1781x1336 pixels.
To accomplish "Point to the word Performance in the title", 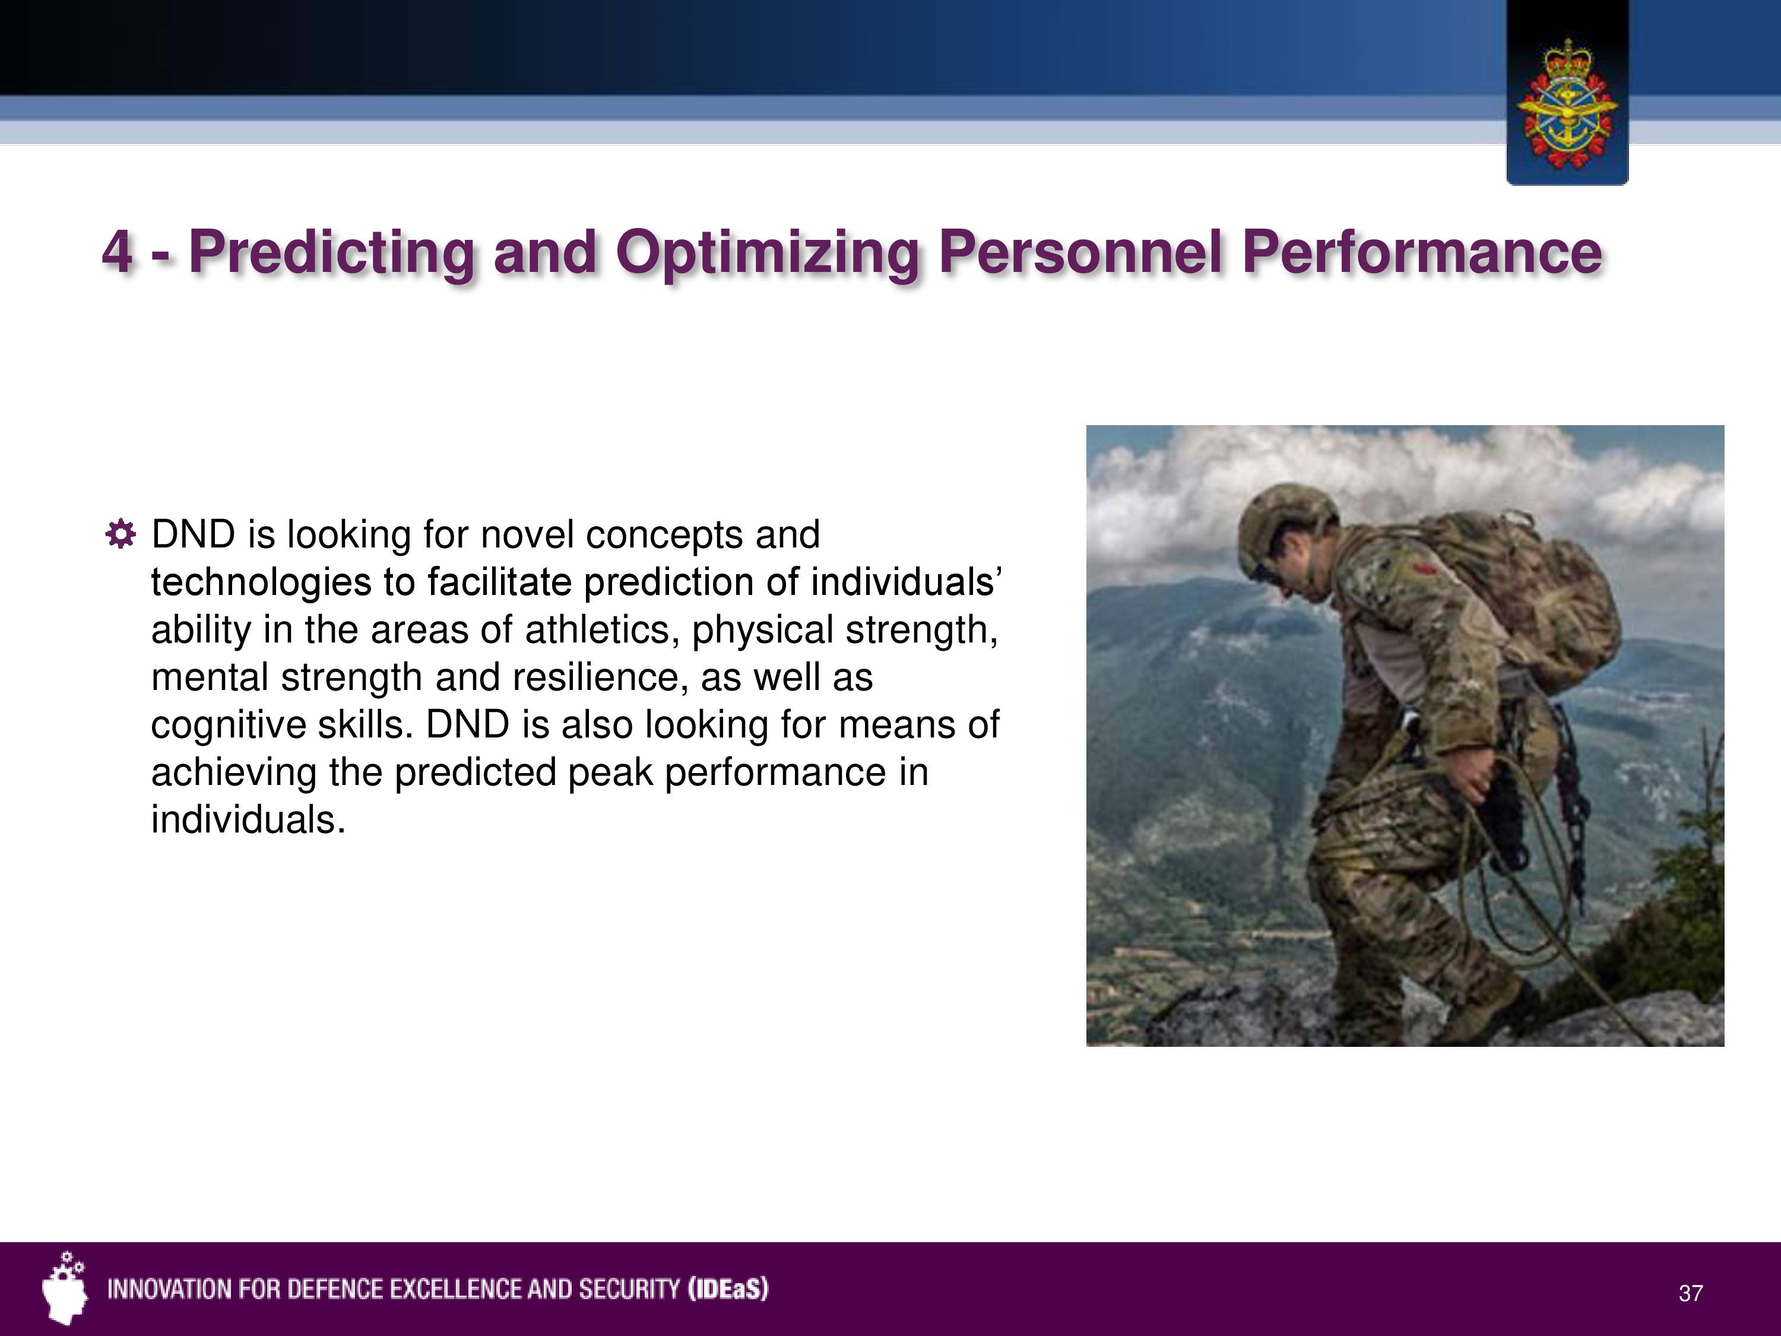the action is pyautogui.click(x=1422, y=252).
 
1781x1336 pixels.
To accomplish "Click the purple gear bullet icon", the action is pyautogui.click(x=120, y=535).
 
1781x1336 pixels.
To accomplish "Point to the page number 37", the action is pyautogui.click(x=1691, y=1293).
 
